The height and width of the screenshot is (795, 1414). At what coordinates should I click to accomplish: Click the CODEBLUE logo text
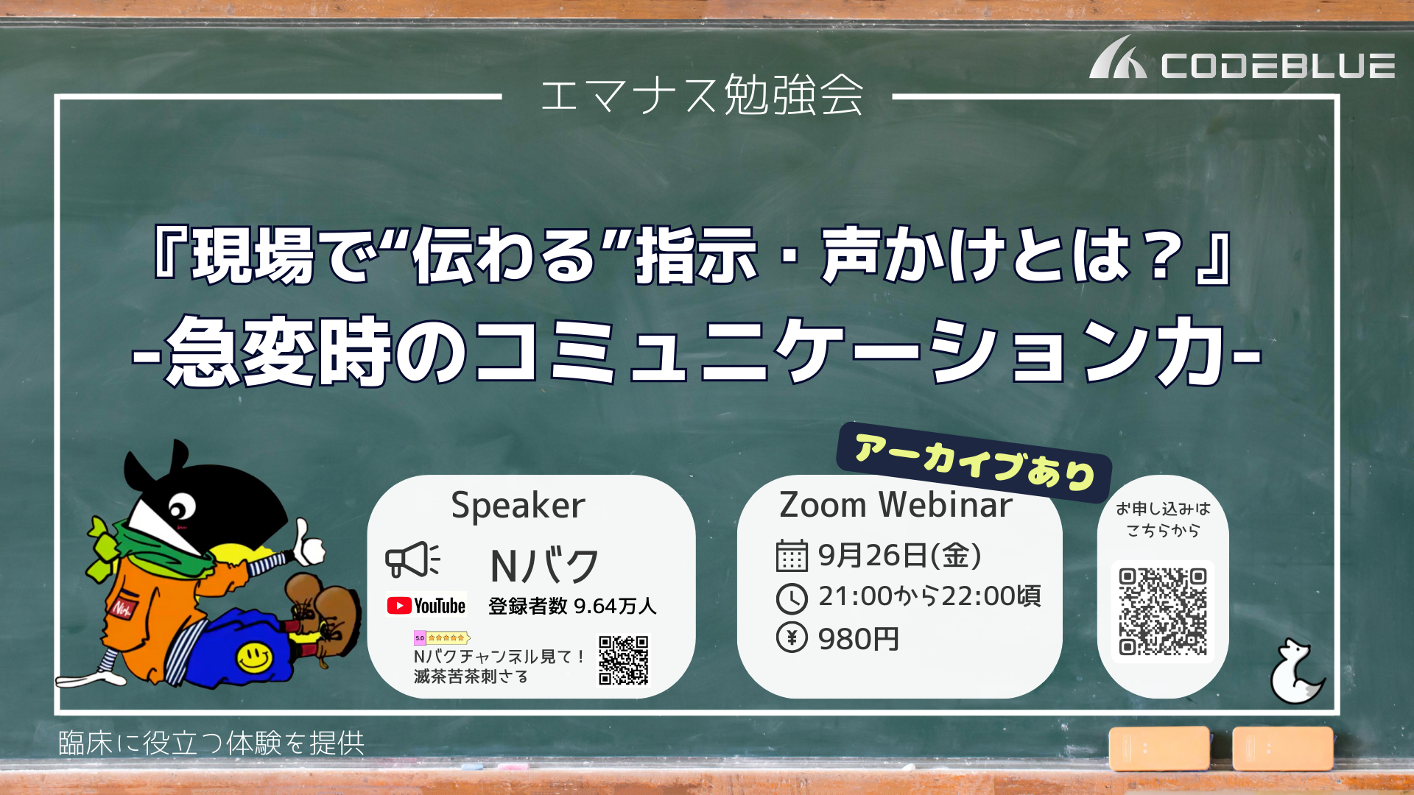pyautogui.click(x=1278, y=66)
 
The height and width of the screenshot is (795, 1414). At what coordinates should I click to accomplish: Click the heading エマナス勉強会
pyautogui.click(x=702, y=96)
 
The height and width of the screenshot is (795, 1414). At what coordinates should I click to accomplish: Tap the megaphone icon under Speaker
pyautogui.click(x=412, y=559)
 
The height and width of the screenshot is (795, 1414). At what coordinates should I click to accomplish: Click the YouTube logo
pyautogui.click(x=426, y=606)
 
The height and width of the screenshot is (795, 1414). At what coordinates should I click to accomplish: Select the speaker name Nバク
pyautogui.click(x=544, y=566)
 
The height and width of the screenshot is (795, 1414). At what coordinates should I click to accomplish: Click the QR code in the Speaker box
pyautogui.click(x=623, y=660)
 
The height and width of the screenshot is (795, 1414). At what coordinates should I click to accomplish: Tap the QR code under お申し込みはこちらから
pyautogui.click(x=1163, y=612)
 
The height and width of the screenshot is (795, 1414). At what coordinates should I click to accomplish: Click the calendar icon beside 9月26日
pyautogui.click(x=792, y=556)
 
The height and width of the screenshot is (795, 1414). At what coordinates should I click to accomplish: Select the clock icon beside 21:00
pyautogui.click(x=792, y=598)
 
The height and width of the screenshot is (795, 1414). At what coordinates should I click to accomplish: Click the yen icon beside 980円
pyautogui.click(x=792, y=637)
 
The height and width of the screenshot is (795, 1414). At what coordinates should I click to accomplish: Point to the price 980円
pyautogui.click(x=859, y=639)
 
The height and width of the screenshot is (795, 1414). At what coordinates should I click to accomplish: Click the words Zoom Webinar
pyautogui.click(x=896, y=505)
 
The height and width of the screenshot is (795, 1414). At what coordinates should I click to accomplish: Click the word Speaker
pyautogui.click(x=518, y=506)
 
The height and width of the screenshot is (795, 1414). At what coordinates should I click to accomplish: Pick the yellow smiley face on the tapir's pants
pyautogui.click(x=255, y=656)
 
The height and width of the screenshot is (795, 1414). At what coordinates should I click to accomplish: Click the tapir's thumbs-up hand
pyautogui.click(x=309, y=545)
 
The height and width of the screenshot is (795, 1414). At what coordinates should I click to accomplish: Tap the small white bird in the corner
pyautogui.click(x=1296, y=671)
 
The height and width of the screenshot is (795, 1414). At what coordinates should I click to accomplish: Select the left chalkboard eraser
pyautogui.click(x=1159, y=748)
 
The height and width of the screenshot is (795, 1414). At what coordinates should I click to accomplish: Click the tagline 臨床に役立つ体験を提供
pyautogui.click(x=211, y=743)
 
